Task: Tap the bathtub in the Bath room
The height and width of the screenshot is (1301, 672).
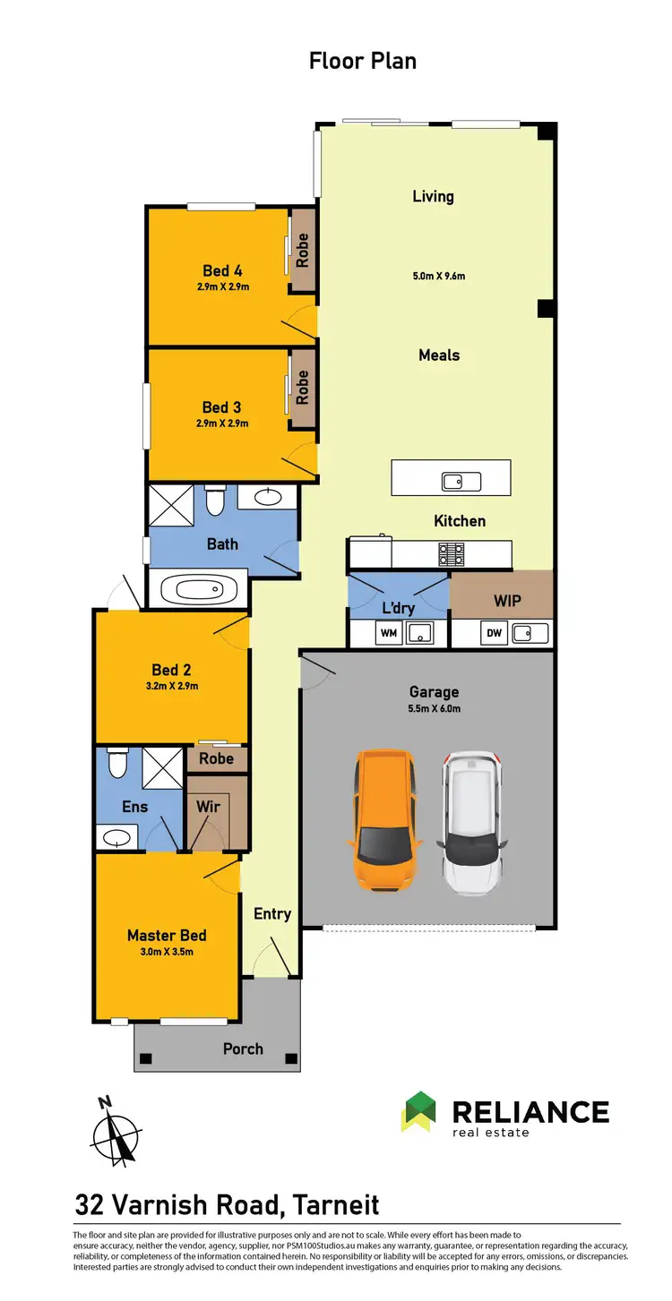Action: pyautogui.click(x=199, y=591)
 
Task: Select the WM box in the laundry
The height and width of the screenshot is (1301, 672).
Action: pyautogui.click(x=389, y=634)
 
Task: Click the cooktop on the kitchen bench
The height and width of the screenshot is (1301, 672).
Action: pyautogui.click(x=451, y=554)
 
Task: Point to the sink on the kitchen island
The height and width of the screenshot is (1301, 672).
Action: pyautogui.click(x=461, y=481)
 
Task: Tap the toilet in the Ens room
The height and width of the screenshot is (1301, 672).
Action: pyautogui.click(x=116, y=763)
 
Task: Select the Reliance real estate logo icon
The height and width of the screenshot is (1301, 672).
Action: pyautogui.click(x=418, y=1112)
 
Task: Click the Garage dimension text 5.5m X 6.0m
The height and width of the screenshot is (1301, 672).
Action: pyautogui.click(x=435, y=708)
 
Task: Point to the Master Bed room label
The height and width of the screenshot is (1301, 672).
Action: pyautogui.click(x=167, y=936)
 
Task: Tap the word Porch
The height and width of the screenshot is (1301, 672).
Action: pyautogui.click(x=243, y=1049)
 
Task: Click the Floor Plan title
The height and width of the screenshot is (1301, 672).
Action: pyautogui.click(x=363, y=61)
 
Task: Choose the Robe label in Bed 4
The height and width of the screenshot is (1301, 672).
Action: pyautogui.click(x=303, y=249)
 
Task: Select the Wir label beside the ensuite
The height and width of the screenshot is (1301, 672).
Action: pyautogui.click(x=208, y=807)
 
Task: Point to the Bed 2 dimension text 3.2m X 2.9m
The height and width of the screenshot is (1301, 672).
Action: pyautogui.click(x=171, y=687)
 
